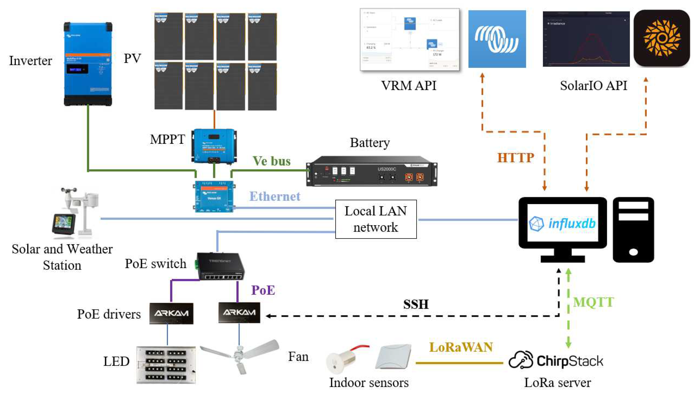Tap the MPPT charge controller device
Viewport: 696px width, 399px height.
coord(214,146)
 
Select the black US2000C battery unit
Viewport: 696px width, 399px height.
coord(371,171)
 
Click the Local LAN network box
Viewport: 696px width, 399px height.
coord(376,219)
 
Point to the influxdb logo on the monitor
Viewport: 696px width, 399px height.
coord(562,223)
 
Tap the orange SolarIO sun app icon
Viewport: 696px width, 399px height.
coord(661,38)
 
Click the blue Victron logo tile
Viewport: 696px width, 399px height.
coord(497,39)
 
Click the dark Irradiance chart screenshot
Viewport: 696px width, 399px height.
coord(586,39)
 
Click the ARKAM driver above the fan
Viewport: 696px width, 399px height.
coord(239,312)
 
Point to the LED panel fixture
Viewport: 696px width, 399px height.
coord(166,365)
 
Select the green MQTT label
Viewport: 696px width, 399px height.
coord(593,302)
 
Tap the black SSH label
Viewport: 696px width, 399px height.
coord(415,304)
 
